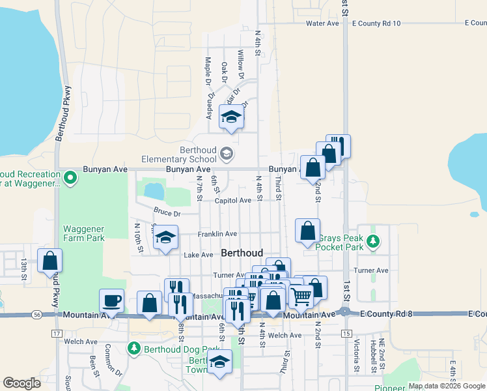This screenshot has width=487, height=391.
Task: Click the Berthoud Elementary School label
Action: (180, 154)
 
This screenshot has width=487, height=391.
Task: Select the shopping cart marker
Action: (301, 297)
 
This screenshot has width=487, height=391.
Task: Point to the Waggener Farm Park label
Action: (83, 233)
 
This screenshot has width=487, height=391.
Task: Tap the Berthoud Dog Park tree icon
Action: (133, 349)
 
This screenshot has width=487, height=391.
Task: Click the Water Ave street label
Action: (323, 23)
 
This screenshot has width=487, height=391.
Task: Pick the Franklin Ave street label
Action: (217, 234)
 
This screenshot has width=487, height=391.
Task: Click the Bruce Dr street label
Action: (167, 212)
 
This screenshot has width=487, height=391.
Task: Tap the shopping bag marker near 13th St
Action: (49, 261)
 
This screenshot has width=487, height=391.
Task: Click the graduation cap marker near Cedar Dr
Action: (230, 117)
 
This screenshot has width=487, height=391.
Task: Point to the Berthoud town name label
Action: (242, 253)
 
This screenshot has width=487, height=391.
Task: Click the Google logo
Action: (21, 383)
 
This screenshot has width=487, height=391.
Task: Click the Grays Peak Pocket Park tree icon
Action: (372, 242)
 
